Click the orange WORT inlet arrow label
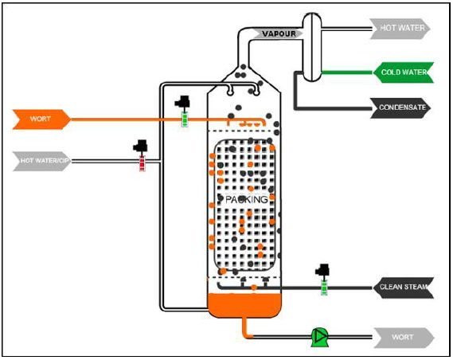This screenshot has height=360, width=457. coord(41,119)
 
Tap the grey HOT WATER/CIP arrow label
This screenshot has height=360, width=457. coord(42,161)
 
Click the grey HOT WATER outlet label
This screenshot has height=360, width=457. coord(400,29)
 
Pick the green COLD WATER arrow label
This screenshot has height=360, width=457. coord(403,72)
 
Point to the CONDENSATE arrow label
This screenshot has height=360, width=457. coord(400,108)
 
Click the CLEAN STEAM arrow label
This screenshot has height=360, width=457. coord(404,288)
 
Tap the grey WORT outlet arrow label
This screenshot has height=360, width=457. coord(404,338)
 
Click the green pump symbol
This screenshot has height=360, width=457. coord(319,338)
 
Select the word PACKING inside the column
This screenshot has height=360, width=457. coord(247,200)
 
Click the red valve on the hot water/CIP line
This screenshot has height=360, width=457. coord(142,163)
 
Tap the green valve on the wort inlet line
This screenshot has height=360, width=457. coord(185,119)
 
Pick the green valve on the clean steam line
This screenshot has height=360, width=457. coord(324,288)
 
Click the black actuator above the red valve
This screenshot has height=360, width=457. coord(140,146)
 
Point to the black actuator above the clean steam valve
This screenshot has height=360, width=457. coord(322,271)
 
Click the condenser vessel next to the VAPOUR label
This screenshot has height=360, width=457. coord(312,47)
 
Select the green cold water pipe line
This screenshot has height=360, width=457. coord(347,72)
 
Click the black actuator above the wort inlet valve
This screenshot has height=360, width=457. coord(182,102)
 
